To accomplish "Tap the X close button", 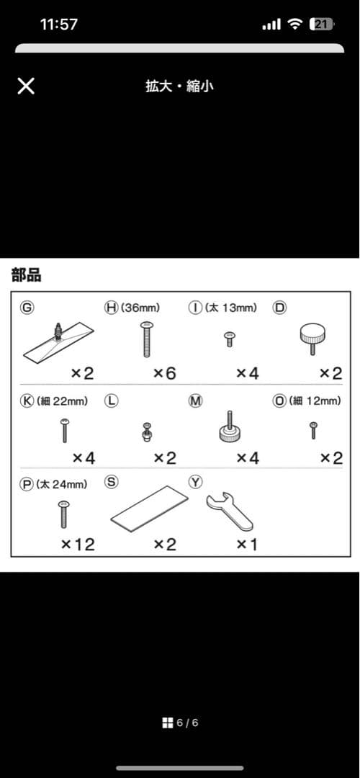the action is click(26, 86).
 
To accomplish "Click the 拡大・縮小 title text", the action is click(179, 86).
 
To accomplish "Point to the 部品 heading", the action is click(27, 276).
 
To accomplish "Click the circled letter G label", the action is click(27, 308).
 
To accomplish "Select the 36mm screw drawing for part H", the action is click(146, 339).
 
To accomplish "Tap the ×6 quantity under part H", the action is click(164, 372).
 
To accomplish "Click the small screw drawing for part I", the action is click(229, 339).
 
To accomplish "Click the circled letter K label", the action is click(27, 401).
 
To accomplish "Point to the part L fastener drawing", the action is click(146, 431).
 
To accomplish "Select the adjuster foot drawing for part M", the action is click(229, 426).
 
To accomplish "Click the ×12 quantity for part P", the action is click(77, 545).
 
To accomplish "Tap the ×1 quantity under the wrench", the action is click(246, 545).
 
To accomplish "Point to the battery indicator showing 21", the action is click(322, 24).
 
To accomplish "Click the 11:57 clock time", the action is click(59, 24).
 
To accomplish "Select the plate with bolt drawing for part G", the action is click(58, 341).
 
